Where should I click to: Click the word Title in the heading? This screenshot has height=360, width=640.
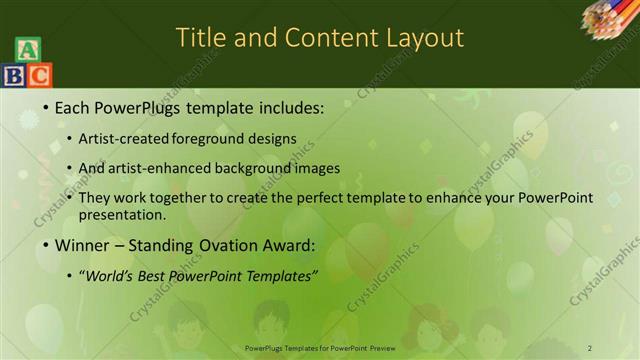point(201,38)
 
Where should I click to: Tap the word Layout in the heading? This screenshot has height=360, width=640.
point(424,38)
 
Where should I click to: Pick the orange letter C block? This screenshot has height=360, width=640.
point(39,74)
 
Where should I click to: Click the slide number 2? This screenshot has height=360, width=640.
point(590,347)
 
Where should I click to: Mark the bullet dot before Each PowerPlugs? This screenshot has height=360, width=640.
point(46,107)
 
